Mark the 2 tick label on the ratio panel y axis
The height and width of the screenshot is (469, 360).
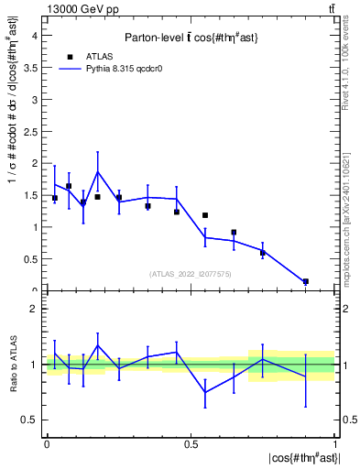click(x=33, y=309)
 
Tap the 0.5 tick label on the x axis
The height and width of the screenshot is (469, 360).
click(x=191, y=443)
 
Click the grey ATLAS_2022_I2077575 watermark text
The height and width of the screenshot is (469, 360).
click(x=191, y=273)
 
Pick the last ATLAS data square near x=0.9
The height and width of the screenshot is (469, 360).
click(x=306, y=281)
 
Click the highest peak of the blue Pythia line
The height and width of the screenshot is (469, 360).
click(x=98, y=171)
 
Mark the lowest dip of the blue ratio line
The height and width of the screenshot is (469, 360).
click(x=205, y=392)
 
